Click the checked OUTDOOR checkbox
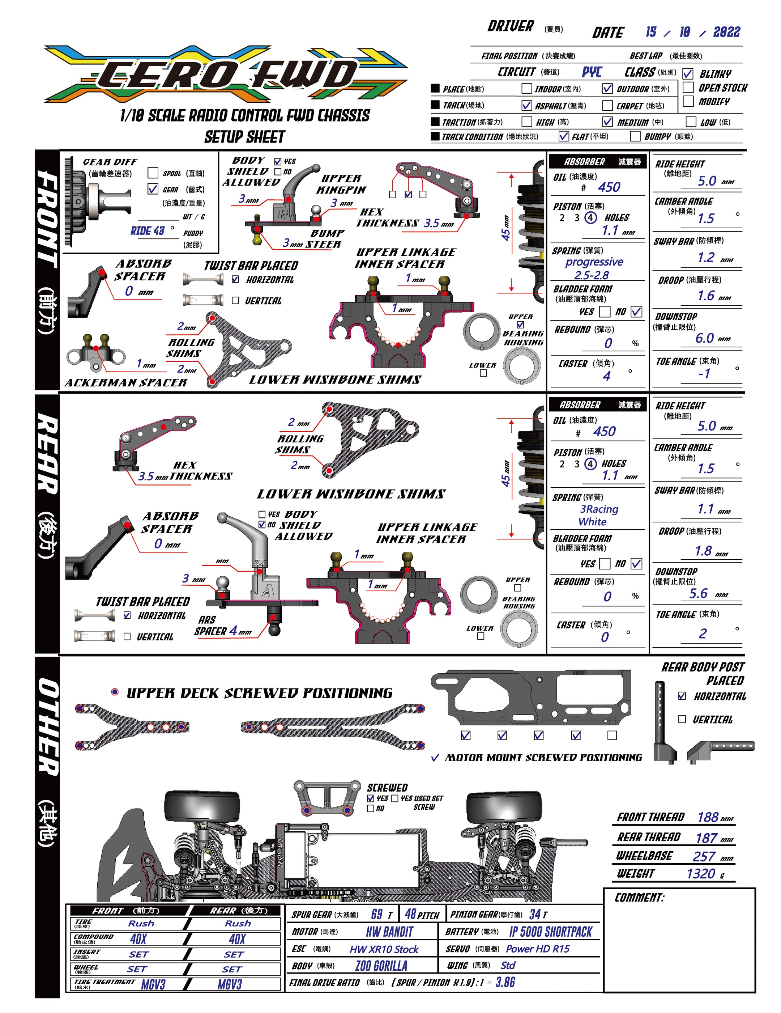pyautogui.click(x=607, y=88)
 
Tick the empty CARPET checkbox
pyautogui.click(x=607, y=105)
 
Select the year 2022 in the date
pyautogui.click(x=726, y=32)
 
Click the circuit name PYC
pyautogui.click(x=592, y=72)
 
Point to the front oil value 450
pyautogui.click(x=609, y=187)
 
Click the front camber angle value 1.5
pyautogui.click(x=705, y=218)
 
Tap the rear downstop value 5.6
pyautogui.click(x=698, y=593)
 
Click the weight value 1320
pyautogui.click(x=700, y=873)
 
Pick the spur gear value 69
pyautogui.click(x=376, y=914)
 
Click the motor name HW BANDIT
pyautogui.click(x=389, y=931)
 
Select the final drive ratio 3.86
pyautogui.click(x=505, y=982)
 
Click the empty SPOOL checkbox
pyautogui.click(x=153, y=173)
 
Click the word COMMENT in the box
pyautogui.click(x=639, y=898)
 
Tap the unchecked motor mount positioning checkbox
pyautogui.click(x=612, y=735)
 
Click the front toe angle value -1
pyautogui.click(x=704, y=373)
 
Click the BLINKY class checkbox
pyautogui.click(x=688, y=74)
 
